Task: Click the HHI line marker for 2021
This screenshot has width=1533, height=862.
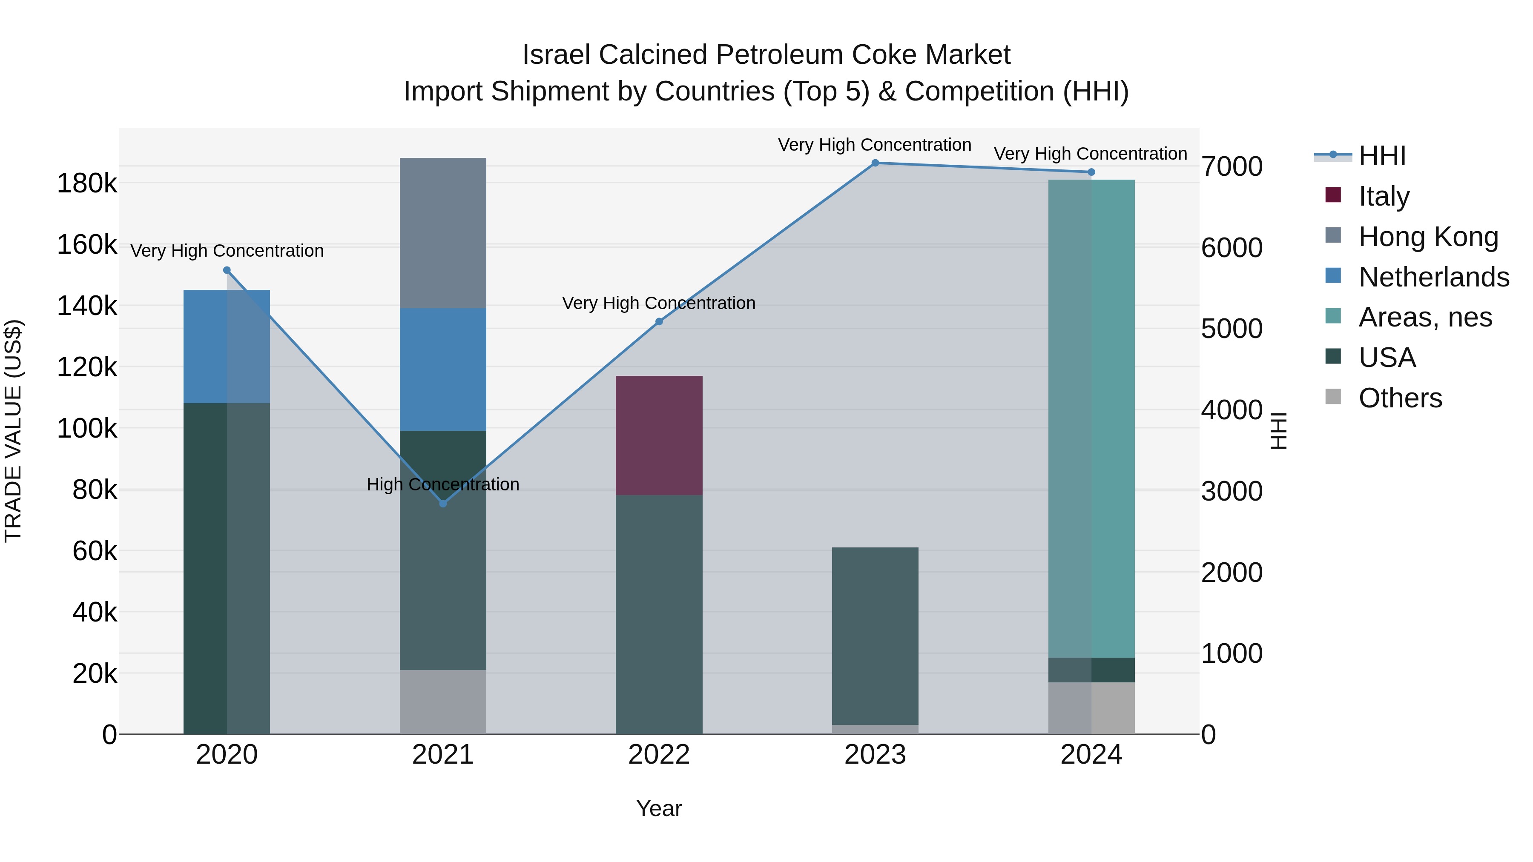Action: tap(443, 503)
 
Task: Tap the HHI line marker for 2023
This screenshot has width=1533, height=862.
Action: tap(875, 163)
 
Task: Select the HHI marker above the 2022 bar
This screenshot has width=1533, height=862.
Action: tap(659, 322)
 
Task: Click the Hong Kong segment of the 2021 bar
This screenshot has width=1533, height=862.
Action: tap(443, 233)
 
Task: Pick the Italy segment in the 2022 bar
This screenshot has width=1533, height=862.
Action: tap(659, 435)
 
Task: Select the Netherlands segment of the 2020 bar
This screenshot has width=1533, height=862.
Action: tap(227, 346)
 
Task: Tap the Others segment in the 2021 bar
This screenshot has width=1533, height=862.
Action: tap(443, 702)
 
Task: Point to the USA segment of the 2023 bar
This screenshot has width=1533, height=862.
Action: tap(875, 636)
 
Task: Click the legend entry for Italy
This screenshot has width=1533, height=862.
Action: tap(1383, 196)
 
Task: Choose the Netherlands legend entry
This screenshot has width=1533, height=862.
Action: tap(1433, 277)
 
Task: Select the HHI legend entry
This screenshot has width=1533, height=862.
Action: tap(1382, 156)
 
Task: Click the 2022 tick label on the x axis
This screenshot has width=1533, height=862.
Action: tap(659, 755)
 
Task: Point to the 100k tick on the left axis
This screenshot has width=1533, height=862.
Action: tap(87, 428)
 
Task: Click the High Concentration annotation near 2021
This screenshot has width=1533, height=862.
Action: tap(443, 484)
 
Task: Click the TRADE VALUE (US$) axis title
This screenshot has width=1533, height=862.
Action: tap(13, 431)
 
